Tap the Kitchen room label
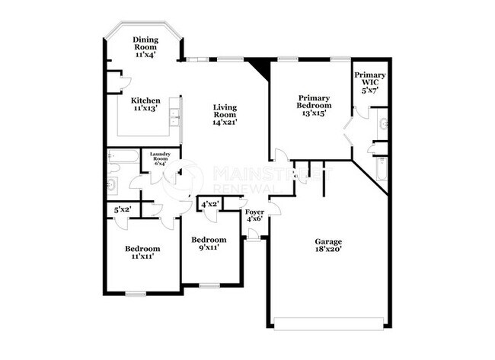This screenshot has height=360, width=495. point(145,100)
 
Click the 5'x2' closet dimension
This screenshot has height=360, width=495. point(122,209)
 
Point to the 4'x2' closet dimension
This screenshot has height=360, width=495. point(209,204)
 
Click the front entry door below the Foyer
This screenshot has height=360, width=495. point(252,237)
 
